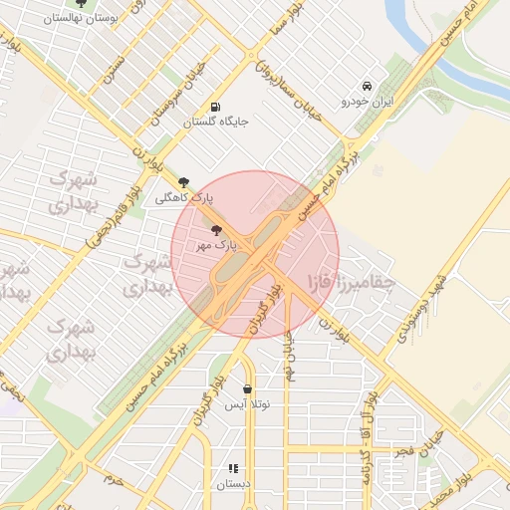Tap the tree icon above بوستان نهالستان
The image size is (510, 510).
(81, 3)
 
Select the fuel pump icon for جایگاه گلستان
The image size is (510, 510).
(216, 108)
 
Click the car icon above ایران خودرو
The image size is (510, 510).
(368, 86)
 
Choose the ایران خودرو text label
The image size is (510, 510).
(369, 102)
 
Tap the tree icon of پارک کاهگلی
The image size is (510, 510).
(183, 182)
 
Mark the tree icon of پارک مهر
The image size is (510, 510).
(217, 230)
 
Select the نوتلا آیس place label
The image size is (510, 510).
(247, 405)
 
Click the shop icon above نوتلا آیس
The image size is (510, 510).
(247, 389)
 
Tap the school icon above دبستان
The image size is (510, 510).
(234, 468)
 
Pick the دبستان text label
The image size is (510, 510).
(234, 485)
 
